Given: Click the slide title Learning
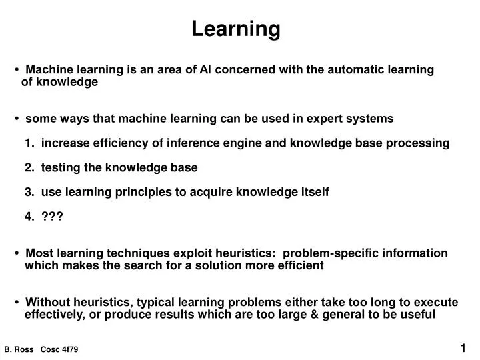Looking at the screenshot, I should [x=236, y=29].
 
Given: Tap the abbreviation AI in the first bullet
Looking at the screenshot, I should [x=207, y=69].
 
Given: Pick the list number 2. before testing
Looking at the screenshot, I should [x=29, y=167].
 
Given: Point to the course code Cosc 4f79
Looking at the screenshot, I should [x=59, y=350].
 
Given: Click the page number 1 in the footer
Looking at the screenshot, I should [x=463, y=348].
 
